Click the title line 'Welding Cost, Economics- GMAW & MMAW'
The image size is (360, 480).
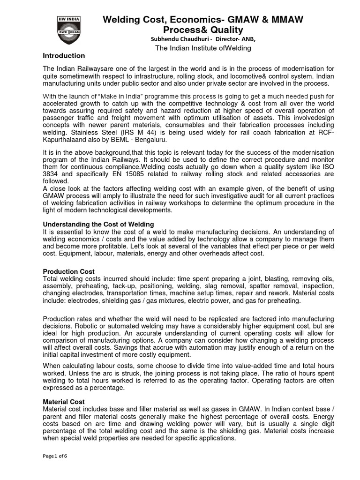tap(203, 19)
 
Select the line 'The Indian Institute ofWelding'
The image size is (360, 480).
tap(203, 48)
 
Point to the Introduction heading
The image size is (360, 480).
tap(64, 56)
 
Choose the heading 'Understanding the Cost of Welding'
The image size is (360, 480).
tap(98, 224)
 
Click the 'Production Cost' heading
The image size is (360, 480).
tap(68, 271)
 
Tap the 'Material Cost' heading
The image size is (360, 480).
tap(64, 402)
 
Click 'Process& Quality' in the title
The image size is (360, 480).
tap(202, 30)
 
